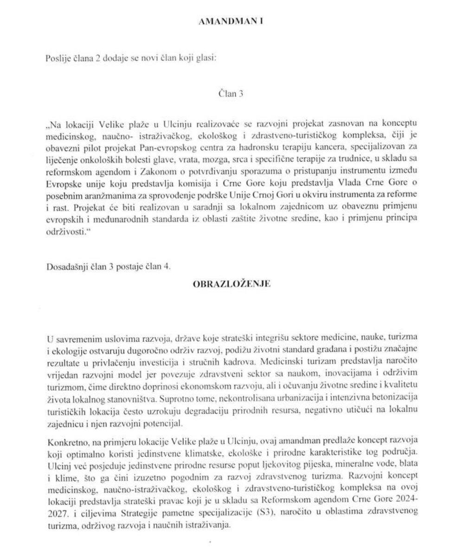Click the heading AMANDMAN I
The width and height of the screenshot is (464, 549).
click(x=231, y=22)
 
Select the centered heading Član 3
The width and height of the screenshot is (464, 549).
click(x=231, y=93)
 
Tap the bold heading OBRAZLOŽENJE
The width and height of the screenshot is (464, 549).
click(x=231, y=286)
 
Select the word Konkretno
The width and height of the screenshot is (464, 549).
click(x=64, y=438)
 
